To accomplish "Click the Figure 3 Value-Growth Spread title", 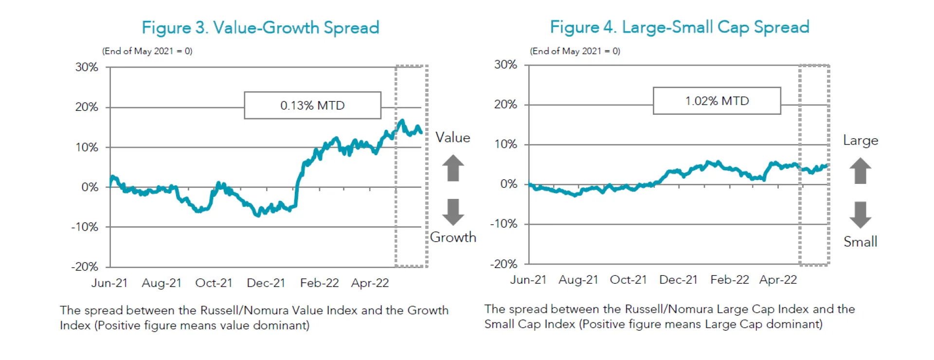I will [x=260, y=28].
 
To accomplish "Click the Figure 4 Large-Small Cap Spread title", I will [x=680, y=27].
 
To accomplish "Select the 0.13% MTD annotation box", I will [x=312, y=105].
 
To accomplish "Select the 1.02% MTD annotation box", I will [x=717, y=101].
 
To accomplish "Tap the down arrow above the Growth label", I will [x=453, y=212].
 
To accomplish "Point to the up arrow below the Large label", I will [x=860, y=171].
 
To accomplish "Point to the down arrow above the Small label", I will [x=860, y=215].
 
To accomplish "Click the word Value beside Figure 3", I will [x=452, y=138].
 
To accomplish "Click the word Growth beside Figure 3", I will [x=453, y=237].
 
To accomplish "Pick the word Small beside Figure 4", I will [x=860, y=242].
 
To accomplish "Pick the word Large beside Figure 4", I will [x=860, y=141].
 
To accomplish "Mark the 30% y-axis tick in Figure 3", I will [x=87, y=67].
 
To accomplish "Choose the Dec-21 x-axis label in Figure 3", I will [x=266, y=283].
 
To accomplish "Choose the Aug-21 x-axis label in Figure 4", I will [x=578, y=280].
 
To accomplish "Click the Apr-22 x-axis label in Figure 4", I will [x=778, y=280].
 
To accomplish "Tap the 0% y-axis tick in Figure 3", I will [x=90, y=187].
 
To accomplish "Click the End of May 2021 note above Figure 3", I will [x=147, y=51].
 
